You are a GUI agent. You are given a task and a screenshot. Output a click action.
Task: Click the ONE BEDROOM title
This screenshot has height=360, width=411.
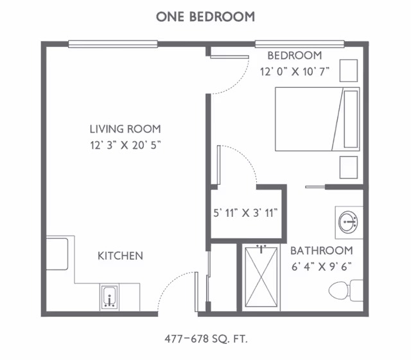205,17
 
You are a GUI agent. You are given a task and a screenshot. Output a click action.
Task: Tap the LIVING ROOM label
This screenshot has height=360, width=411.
125,129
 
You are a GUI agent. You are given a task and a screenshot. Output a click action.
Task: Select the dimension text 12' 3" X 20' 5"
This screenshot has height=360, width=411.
125,145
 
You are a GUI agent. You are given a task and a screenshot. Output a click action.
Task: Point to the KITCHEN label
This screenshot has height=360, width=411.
120,255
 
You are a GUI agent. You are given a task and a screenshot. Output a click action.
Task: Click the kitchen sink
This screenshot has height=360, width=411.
109,297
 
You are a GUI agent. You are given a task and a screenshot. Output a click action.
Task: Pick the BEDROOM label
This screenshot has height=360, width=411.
295,56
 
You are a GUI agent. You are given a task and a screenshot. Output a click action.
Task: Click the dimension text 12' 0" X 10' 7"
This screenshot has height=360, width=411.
295,71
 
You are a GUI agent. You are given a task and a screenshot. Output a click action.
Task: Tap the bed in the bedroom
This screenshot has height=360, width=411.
317,119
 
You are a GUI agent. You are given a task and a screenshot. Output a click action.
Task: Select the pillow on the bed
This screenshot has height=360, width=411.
351,119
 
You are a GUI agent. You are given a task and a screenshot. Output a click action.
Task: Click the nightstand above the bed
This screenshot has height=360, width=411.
349,71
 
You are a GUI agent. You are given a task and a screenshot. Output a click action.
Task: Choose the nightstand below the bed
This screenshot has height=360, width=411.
349,167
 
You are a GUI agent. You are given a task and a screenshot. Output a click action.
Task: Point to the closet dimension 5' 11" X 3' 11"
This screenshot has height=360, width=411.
245,213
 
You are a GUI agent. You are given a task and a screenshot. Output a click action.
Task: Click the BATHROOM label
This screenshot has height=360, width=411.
322,251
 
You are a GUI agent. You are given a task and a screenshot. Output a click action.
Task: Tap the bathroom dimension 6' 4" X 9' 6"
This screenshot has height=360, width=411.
322,267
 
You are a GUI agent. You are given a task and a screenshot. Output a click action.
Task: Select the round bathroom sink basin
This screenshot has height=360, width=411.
347,222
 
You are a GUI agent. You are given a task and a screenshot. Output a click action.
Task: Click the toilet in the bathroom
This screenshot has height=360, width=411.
346,290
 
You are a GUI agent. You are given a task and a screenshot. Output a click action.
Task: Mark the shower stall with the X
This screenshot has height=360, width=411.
261,277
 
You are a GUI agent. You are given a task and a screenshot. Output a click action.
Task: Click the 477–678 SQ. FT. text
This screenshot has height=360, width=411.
206,339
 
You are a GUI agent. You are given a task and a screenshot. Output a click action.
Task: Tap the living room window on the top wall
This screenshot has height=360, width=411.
113,44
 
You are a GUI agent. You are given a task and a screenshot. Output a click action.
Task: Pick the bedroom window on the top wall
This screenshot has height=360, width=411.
300,44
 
